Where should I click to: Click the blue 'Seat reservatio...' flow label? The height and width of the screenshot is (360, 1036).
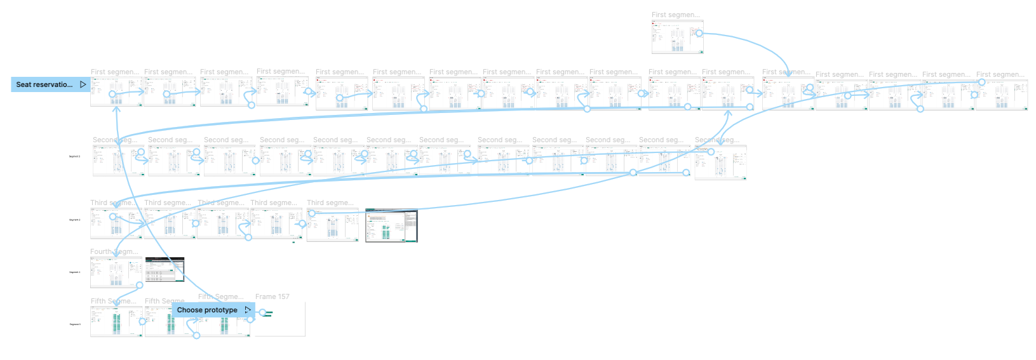click(x=44, y=84)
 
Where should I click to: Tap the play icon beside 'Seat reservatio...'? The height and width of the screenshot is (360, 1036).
click(x=83, y=84)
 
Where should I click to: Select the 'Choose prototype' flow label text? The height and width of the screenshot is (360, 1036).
click(x=207, y=310)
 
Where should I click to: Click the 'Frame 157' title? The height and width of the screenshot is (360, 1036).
click(x=272, y=297)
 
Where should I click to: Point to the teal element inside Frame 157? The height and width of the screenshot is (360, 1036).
click(x=268, y=313)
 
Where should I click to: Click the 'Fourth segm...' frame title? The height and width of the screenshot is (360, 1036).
click(x=114, y=252)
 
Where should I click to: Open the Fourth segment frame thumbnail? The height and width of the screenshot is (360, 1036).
click(x=116, y=273)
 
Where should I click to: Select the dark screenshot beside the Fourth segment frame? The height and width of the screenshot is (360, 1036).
click(x=165, y=270)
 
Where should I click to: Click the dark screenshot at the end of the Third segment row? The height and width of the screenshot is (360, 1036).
click(x=391, y=225)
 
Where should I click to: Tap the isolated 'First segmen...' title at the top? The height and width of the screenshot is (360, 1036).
click(x=675, y=15)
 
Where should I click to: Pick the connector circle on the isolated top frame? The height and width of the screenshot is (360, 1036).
click(x=699, y=33)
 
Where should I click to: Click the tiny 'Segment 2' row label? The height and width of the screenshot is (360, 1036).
click(x=74, y=156)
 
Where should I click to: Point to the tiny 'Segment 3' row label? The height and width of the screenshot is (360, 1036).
click(x=74, y=220)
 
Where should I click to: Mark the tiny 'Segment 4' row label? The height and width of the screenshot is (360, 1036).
click(x=74, y=272)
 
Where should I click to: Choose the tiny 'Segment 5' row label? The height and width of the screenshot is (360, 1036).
click(x=74, y=324)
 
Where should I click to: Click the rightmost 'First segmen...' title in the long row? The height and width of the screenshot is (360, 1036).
click(x=1000, y=75)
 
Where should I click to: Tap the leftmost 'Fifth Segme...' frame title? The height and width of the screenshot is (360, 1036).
click(x=113, y=301)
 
